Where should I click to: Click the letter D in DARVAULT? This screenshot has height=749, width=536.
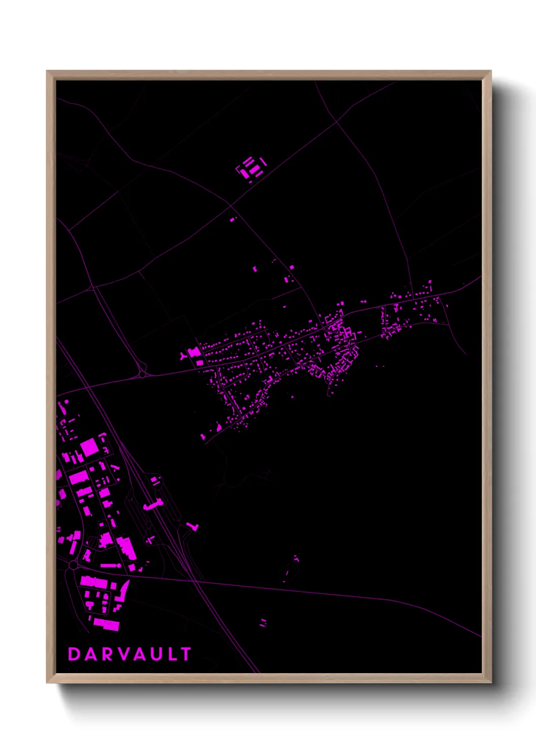tap(74, 654)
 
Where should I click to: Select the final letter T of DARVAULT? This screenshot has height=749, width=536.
tap(185, 654)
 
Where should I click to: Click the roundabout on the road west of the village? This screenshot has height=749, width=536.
tap(142, 374)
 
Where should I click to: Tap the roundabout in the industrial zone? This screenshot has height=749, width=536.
tap(73, 565)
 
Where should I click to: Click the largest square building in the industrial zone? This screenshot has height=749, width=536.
tap(89, 447)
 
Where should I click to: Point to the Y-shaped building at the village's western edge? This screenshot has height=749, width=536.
tap(183, 356)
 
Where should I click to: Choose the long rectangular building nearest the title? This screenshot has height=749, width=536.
tap(106, 625)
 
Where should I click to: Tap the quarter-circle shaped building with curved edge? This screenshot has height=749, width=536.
tap(123, 590)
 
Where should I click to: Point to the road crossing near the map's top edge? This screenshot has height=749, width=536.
tap(336, 121)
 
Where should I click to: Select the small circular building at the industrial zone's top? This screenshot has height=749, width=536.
tap(66, 402)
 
